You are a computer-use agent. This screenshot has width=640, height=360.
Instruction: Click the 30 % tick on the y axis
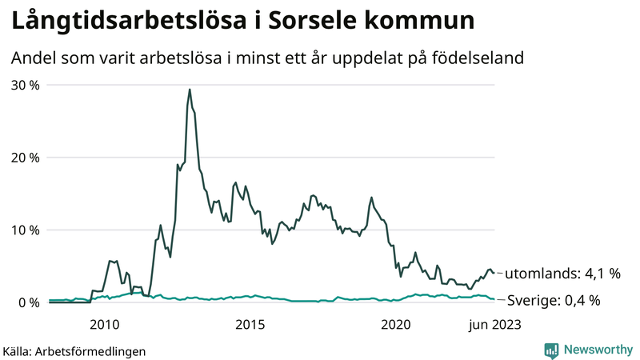[x=25, y=85]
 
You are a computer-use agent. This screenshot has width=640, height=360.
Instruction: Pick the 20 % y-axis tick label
[x=25, y=158]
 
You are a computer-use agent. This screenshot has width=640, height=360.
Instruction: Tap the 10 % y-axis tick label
[x=25, y=230]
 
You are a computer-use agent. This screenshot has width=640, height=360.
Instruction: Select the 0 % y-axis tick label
[x=28, y=302]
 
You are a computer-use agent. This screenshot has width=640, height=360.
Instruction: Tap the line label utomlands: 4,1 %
[x=563, y=274]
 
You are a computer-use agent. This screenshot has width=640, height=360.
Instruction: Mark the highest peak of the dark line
[x=189, y=90]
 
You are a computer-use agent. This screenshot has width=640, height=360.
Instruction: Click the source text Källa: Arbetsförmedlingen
[x=74, y=350]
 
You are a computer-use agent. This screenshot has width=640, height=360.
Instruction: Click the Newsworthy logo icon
[x=551, y=350]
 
